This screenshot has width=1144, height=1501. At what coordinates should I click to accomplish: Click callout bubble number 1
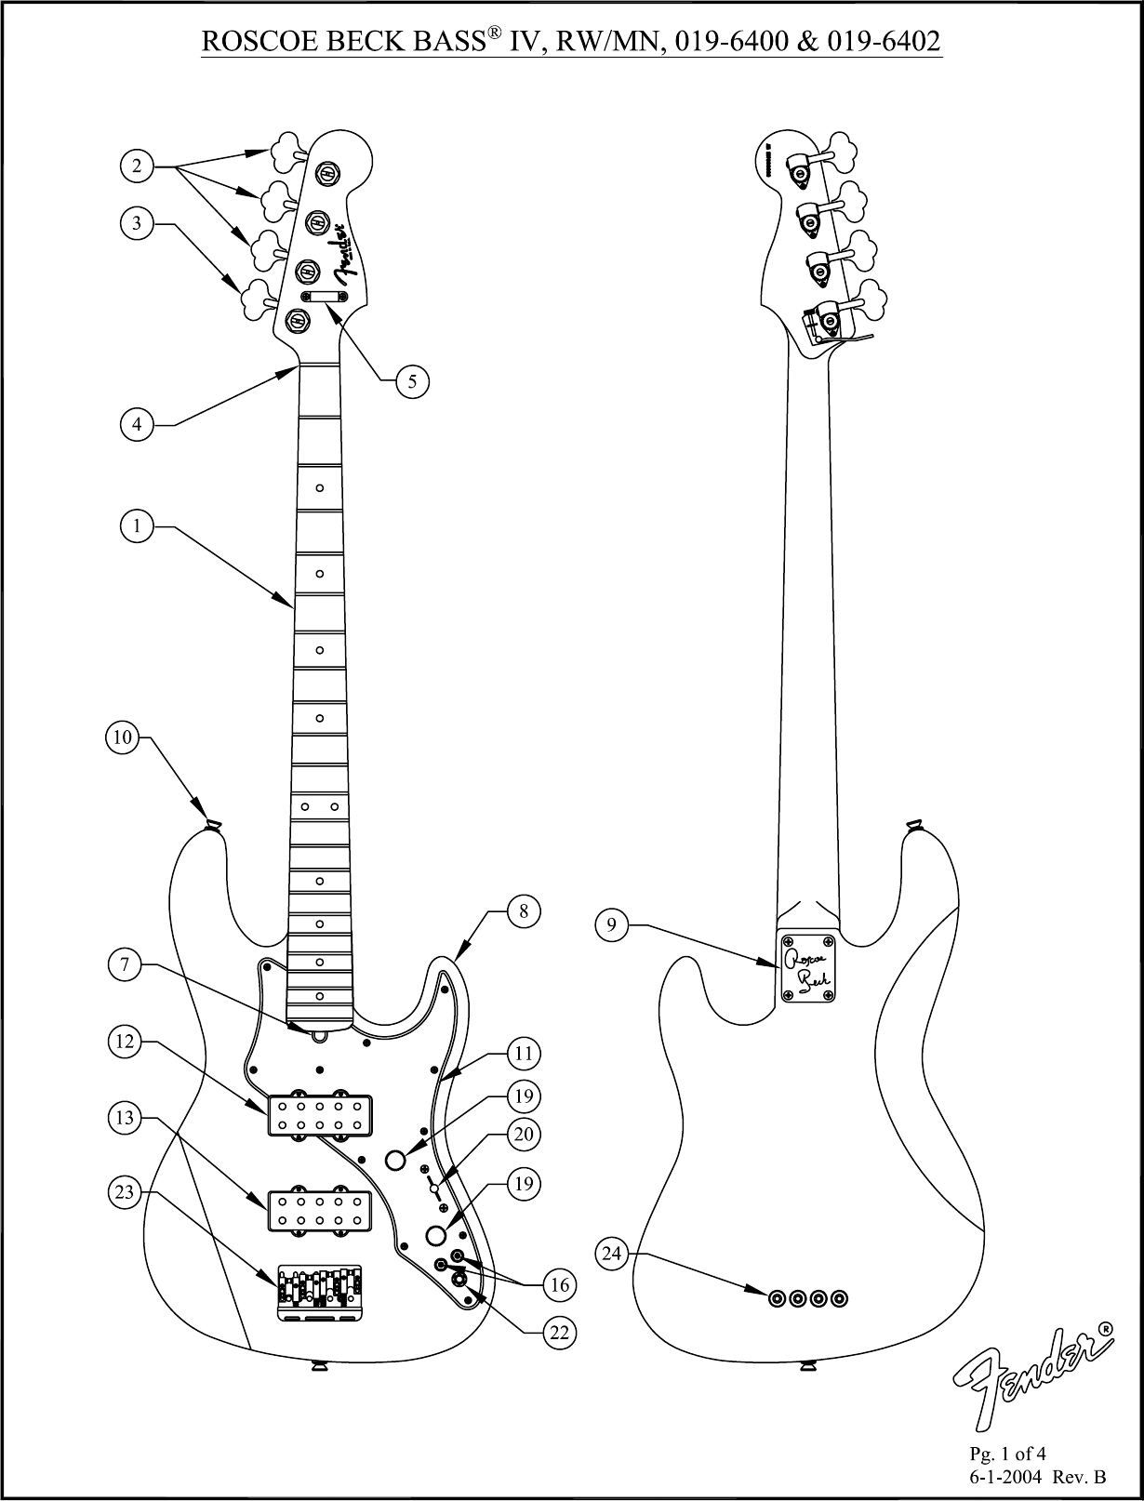tap(137, 526)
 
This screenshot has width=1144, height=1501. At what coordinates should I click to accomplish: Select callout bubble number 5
tap(413, 379)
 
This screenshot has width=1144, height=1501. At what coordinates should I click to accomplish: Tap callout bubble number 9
tap(611, 924)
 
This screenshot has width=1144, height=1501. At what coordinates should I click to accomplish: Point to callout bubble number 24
tap(611, 1254)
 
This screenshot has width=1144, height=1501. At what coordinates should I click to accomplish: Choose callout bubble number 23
tap(126, 1192)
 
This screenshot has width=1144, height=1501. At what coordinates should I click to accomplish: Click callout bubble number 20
tap(525, 1134)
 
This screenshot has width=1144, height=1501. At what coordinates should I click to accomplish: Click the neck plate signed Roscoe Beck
tap(807, 968)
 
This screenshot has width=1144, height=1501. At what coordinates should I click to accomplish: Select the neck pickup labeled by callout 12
tap(319, 1114)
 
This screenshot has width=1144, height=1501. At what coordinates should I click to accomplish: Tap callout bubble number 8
tap(525, 911)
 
